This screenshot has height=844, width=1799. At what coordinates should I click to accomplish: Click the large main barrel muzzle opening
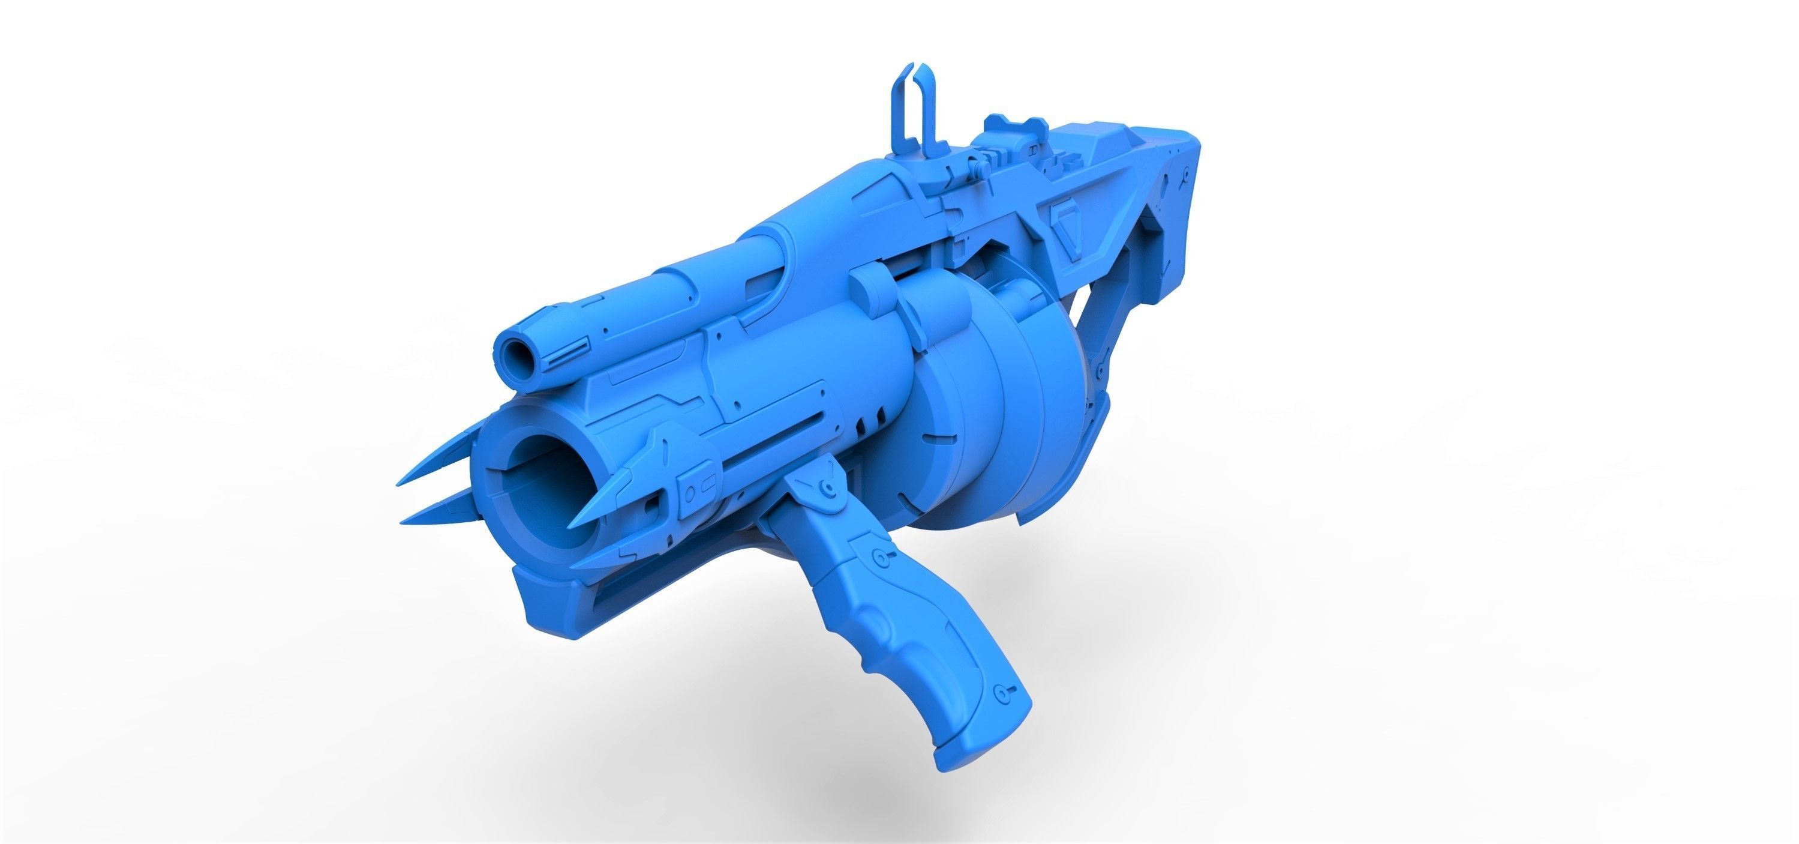[x=552, y=482]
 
